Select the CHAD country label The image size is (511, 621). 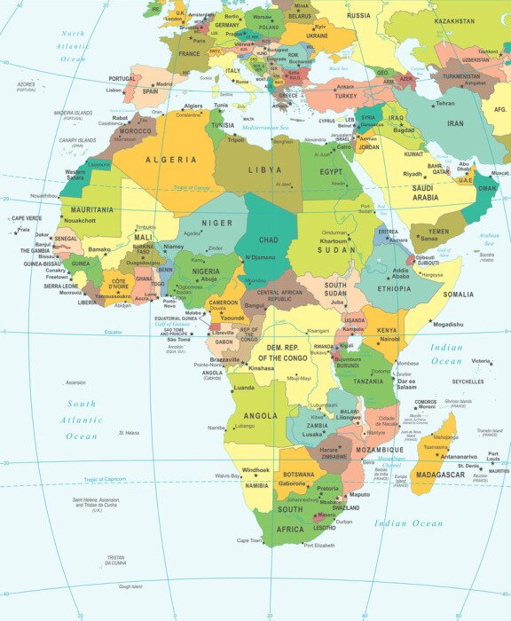pyautogui.click(x=268, y=240)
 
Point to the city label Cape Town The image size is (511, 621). pyautogui.click(x=249, y=540)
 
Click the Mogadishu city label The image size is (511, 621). pyautogui.click(x=449, y=324)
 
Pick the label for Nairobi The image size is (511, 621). pyautogui.click(x=389, y=339)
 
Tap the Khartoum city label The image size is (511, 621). pyautogui.click(x=334, y=241)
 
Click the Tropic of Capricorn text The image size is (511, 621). pyautogui.click(x=115, y=480)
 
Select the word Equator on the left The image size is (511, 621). pyautogui.click(x=113, y=332)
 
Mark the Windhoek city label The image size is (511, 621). pyautogui.click(x=255, y=469)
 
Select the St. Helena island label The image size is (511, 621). pyautogui.click(x=130, y=433)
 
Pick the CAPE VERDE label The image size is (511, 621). pyautogui.click(x=26, y=218)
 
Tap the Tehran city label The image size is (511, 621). pyautogui.click(x=445, y=104)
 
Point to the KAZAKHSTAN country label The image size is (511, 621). pyautogui.click(x=454, y=20)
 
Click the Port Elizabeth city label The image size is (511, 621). pyautogui.click(x=319, y=546)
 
